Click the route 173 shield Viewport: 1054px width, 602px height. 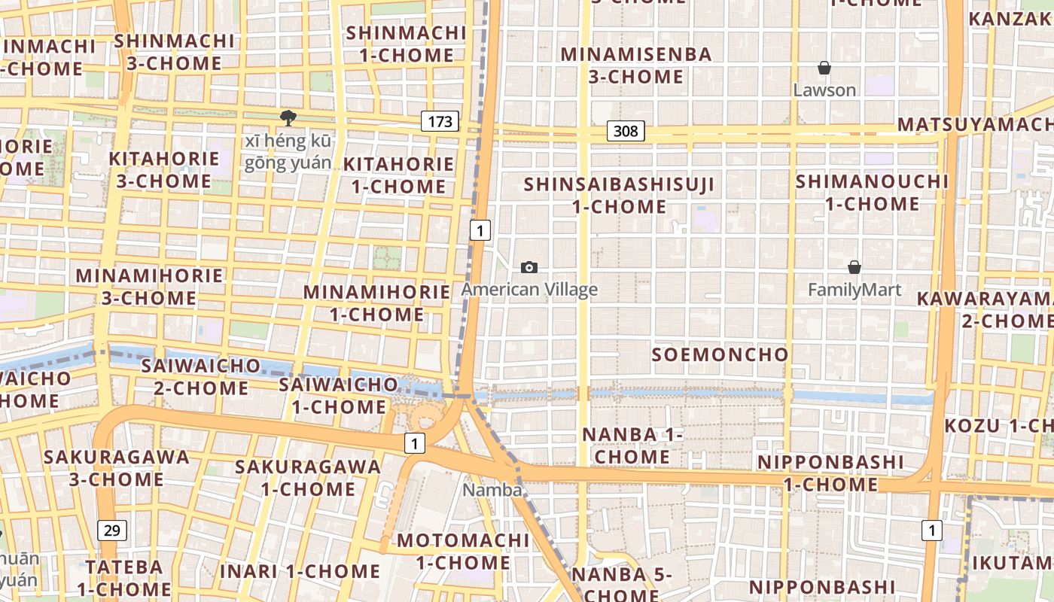tap(440, 121)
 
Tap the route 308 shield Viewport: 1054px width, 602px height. tap(625, 132)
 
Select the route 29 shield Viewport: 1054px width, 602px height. tap(111, 531)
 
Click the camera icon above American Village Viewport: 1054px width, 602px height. tap(529, 268)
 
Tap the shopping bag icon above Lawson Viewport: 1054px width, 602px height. tap(824, 68)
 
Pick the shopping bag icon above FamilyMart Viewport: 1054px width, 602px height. tap(854, 267)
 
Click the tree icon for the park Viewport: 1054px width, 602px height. tap(288, 117)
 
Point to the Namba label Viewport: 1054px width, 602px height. tap(492, 490)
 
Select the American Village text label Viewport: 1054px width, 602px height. tap(529, 289)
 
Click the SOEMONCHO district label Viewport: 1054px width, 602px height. tap(720, 354)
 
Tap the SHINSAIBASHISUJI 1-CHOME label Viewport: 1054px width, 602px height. tap(619, 195)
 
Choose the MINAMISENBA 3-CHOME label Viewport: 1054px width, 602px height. tap(636, 65)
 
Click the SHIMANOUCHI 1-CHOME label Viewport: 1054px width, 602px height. tap(872, 193)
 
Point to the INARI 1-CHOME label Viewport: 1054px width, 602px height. tap(300, 571)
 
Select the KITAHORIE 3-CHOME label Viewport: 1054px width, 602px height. tap(163, 170)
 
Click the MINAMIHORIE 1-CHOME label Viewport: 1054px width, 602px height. tap(376, 303)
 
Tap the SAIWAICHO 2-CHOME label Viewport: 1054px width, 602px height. tap(200, 377)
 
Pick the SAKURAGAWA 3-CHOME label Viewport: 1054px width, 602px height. tap(116, 468)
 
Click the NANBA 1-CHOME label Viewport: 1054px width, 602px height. tap(632, 445)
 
